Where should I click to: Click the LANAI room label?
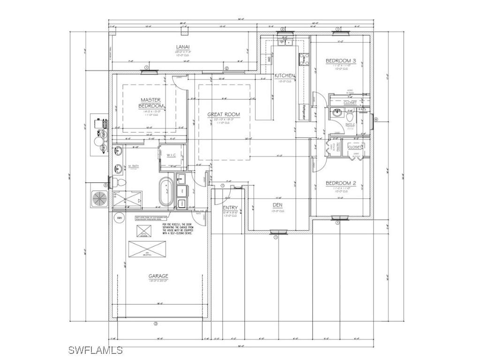click(x=183, y=47)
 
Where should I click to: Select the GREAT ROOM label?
click(x=224, y=114)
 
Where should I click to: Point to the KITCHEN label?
click(x=285, y=75)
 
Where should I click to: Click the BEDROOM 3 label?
click(x=341, y=61)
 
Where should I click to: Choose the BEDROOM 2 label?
click(x=341, y=183)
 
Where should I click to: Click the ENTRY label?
click(x=230, y=208)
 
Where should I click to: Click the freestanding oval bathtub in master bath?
click(x=166, y=192)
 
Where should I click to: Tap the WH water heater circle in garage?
click(x=119, y=218)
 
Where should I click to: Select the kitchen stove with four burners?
click(x=301, y=59)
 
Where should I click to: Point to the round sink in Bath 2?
click(x=337, y=113)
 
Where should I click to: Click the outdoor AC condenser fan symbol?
click(x=99, y=198)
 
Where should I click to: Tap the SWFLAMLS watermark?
click(x=95, y=350)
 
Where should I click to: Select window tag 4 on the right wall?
click(x=375, y=119)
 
